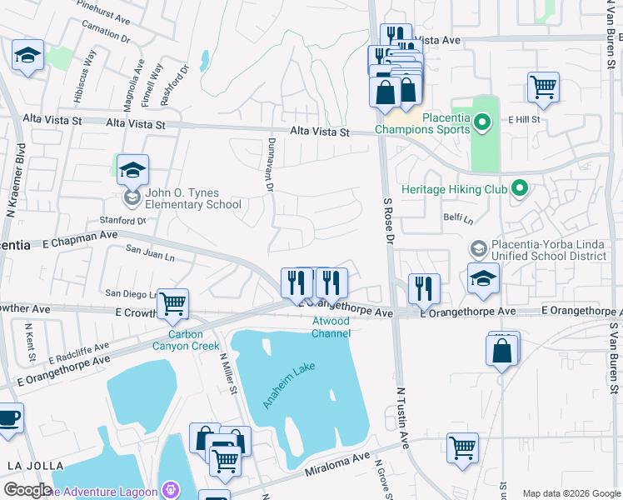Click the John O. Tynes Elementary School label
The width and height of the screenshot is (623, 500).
(192, 198)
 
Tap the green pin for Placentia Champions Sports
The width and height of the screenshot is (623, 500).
(481, 124)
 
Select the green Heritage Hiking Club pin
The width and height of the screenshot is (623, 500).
(521, 189)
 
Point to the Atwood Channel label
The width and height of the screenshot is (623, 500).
(331, 327)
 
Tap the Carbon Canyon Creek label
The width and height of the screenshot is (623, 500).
(187, 340)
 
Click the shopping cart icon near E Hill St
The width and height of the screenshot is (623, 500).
(543, 87)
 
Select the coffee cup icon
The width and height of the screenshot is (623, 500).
(8, 417)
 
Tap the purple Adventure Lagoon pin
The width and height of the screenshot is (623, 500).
(172, 489)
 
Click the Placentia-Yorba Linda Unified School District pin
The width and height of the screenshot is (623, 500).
(479, 248)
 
